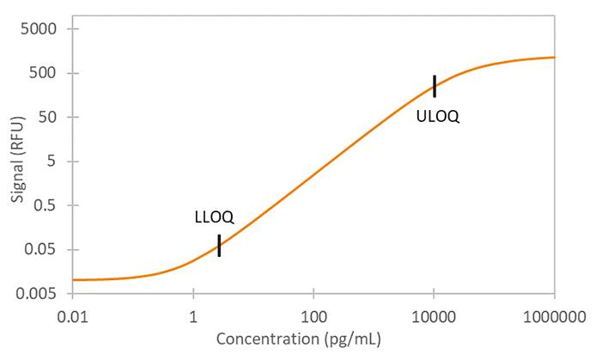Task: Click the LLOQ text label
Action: click(x=214, y=217)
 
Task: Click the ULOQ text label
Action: click(x=437, y=117)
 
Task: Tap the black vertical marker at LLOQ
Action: click(x=219, y=246)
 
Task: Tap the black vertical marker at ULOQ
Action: click(x=435, y=86)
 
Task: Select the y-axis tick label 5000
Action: click(x=39, y=28)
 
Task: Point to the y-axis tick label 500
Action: click(x=42, y=73)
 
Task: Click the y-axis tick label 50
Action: click(x=46, y=118)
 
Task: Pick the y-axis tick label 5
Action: click(x=50, y=162)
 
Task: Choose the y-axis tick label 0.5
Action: click(x=45, y=206)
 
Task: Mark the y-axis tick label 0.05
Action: click(x=41, y=250)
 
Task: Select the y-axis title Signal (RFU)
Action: click(x=18, y=162)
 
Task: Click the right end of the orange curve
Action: click(x=554, y=58)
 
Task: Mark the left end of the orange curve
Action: click(x=74, y=280)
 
